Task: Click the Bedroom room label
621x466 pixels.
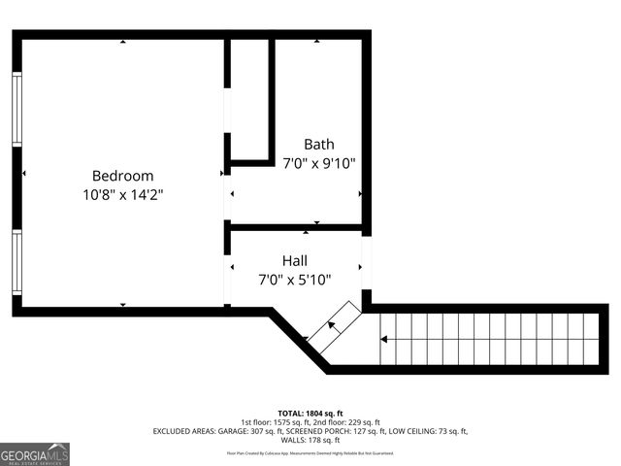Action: click(122, 176)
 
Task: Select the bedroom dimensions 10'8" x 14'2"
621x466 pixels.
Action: click(122, 194)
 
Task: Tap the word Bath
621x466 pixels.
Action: click(318, 145)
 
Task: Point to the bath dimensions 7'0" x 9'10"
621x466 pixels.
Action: click(318, 163)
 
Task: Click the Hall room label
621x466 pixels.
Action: click(295, 261)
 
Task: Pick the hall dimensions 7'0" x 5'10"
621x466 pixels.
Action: click(295, 280)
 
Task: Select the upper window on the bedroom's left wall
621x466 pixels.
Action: click(16, 109)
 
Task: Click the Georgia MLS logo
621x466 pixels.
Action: click(35, 454)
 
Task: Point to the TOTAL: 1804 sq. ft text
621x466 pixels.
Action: click(310, 413)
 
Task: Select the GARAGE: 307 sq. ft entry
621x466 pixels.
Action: click(254, 431)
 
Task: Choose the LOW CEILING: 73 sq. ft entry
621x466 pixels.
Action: click(428, 431)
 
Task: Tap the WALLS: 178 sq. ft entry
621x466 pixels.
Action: click(310, 440)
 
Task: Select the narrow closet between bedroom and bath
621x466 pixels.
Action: click(249, 97)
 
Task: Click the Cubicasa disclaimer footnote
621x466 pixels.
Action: click(310, 452)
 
